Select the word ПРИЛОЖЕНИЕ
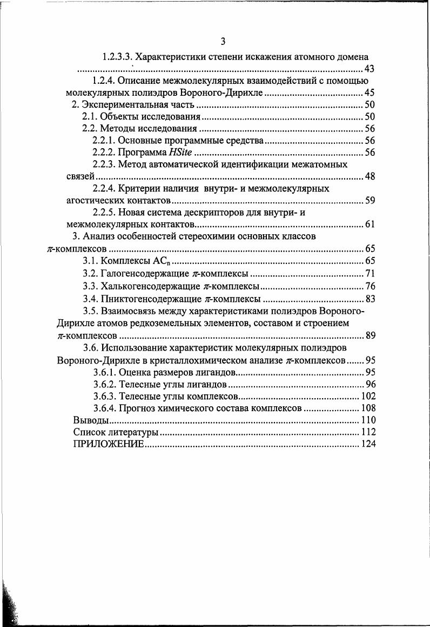pyautogui.click(x=108, y=444)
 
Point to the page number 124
pyautogui.click(x=368, y=444)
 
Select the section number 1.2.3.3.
pyautogui.click(x=118, y=56)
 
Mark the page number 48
pyautogui.click(x=370, y=176)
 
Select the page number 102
pyautogui.click(x=368, y=395)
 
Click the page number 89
pyautogui.click(x=370, y=335)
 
